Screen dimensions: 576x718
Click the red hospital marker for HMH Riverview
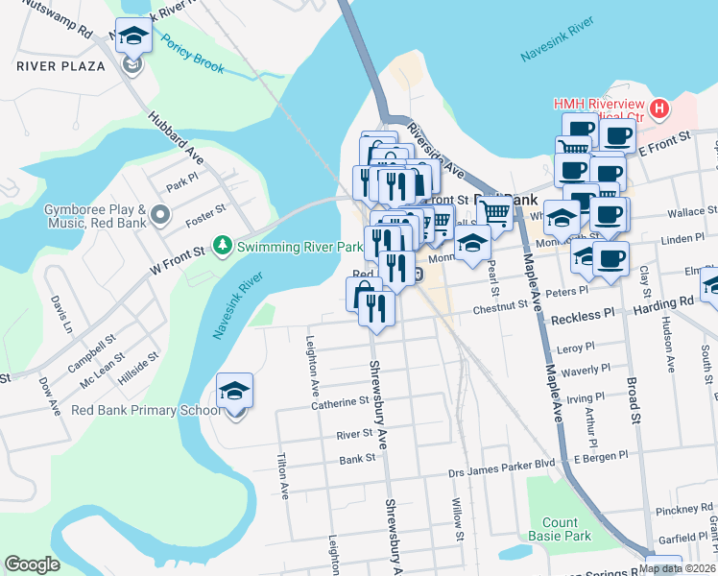point(658,108)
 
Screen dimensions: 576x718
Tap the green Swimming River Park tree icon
point(223,247)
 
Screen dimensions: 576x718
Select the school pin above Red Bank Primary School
point(235,391)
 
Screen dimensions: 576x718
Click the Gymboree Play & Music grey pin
point(159,212)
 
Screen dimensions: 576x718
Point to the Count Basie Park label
point(560,529)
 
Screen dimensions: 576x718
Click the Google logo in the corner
point(32,564)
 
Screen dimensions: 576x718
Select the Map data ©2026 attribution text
point(678,567)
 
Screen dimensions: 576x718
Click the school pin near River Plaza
point(133,36)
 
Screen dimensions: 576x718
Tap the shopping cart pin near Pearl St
point(494,211)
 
